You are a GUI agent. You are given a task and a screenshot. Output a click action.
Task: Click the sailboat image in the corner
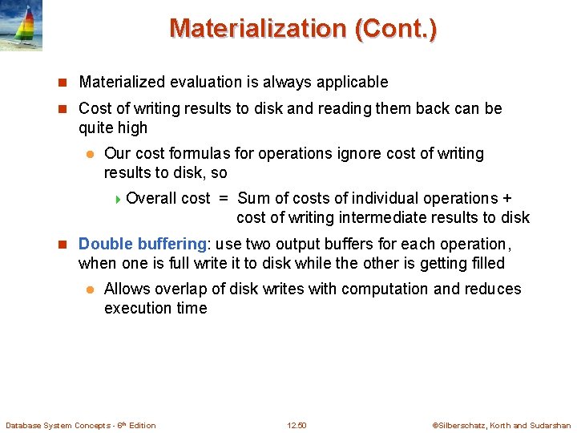pos(21,26)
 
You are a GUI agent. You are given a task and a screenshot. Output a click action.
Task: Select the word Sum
pos(253,198)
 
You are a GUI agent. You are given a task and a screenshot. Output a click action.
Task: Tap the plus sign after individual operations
pos(506,198)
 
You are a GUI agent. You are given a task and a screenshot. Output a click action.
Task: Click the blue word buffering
pos(171,244)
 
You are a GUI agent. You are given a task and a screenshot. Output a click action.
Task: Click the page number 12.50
pos(297,425)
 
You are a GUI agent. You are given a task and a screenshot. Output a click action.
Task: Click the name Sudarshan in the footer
pos(551,425)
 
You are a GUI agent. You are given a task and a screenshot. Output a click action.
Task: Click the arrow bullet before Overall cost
pos(119,198)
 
